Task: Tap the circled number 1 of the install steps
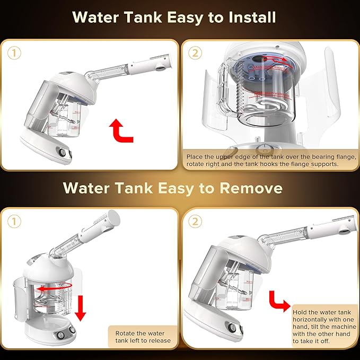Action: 14,52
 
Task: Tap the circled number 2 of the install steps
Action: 195,52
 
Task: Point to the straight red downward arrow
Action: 80,308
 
